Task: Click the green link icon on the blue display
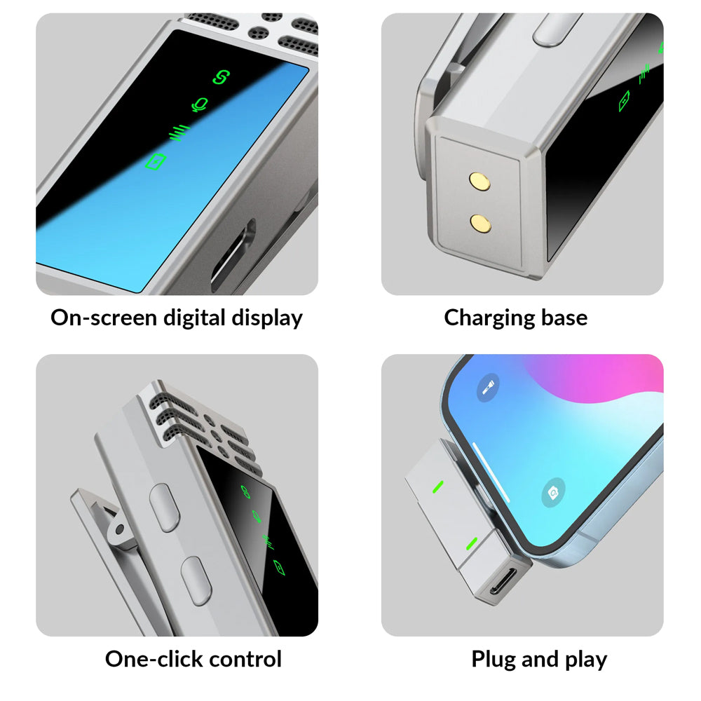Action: click(x=221, y=77)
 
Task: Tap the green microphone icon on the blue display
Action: click(x=200, y=105)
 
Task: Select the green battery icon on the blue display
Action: click(x=156, y=161)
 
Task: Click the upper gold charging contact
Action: click(x=479, y=182)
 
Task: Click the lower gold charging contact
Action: click(x=480, y=224)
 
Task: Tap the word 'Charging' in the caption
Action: click(x=489, y=319)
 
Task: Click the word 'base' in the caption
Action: click(x=564, y=318)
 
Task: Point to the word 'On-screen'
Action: click(x=104, y=318)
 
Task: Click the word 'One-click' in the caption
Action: click(x=154, y=659)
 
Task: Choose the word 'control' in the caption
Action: click(x=245, y=659)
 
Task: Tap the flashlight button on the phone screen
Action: click(x=488, y=387)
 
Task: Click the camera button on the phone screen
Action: click(x=553, y=492)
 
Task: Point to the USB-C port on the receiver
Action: click(x=503, y=582)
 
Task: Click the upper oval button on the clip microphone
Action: click(x=164, y=508)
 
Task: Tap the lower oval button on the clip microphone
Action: click(x=196, y=581)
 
